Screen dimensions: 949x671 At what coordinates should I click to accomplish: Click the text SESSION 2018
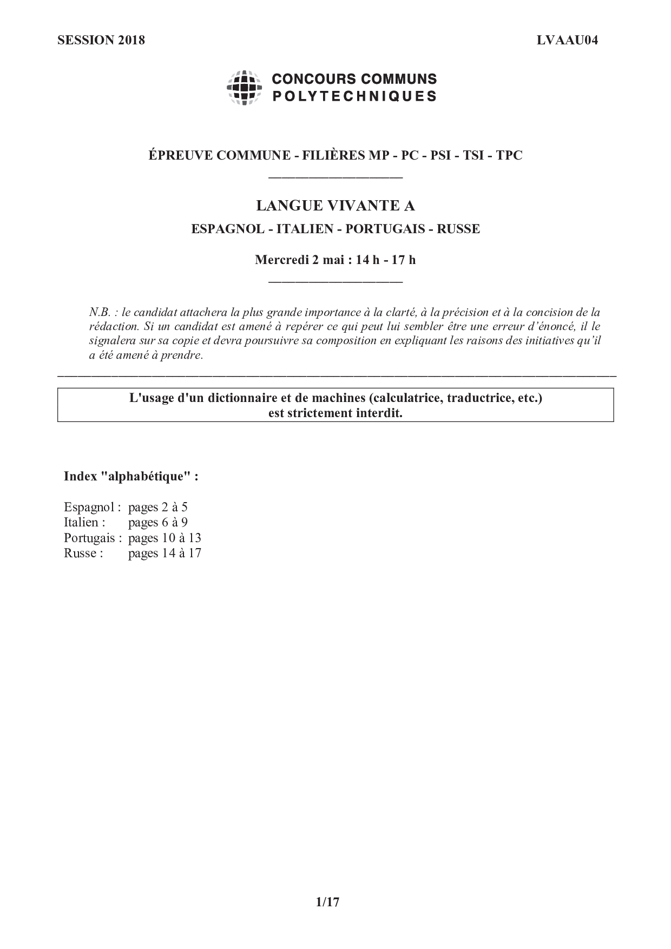[x=101, y=40]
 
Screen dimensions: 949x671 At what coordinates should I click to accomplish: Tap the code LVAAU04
[x=567, y=40]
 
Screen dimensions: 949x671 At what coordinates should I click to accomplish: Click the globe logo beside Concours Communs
[x=245, y=88]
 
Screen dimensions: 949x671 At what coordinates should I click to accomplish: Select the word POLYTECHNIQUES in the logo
[x=354, y=96]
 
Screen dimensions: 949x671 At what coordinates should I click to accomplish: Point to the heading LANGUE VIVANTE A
[x=335, y=206]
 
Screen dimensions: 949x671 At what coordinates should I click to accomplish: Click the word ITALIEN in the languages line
[x=305, y=229]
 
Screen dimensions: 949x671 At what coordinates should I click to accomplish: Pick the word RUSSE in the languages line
[x=458, y=229]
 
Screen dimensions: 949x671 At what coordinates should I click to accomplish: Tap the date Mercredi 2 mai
[x=299, y=260]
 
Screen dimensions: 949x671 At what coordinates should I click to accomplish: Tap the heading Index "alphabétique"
[x=131, y=477]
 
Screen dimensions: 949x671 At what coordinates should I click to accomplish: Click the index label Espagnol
[x=88, y=508]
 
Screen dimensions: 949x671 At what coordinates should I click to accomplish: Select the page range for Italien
[x=157, y=523]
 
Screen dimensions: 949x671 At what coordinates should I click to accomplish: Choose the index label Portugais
[x=89, y=538]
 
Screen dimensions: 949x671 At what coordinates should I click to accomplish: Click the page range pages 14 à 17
[x=165, y=553]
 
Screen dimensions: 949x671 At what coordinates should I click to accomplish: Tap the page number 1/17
[x=327, y=902]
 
